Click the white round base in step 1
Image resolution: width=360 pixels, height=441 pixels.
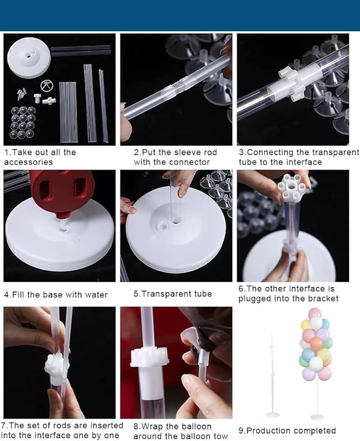(29, 58)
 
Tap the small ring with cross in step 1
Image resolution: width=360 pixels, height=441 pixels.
(47, 86)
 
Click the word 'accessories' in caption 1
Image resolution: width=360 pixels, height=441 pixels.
(29, 162)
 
